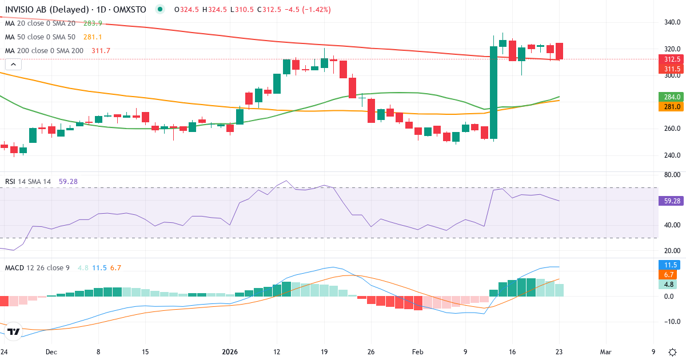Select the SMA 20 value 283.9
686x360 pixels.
click(93, 23)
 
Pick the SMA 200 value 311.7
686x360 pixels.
click(101, 51)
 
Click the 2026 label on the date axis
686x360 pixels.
click(230, 353)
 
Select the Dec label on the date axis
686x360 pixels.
click(51, 353)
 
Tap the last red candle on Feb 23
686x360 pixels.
click(559, 51)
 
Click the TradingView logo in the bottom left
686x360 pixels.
click(14, 331)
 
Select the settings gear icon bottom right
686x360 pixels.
click(673, 352)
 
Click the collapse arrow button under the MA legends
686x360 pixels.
click(13, 65)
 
